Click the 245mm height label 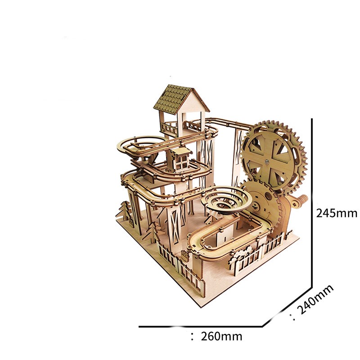337,213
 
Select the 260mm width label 221,337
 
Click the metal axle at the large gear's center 266,162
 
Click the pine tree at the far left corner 125,211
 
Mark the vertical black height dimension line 311,203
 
